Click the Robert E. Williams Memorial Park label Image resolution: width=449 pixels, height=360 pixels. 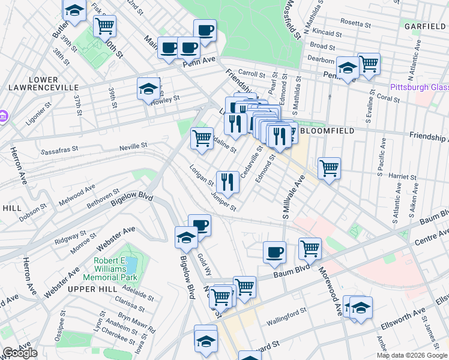(116, 269)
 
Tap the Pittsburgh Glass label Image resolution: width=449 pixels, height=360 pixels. (419, 87)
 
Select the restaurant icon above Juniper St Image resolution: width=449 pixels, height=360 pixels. (228, 180)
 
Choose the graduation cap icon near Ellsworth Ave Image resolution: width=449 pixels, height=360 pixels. (361, 308)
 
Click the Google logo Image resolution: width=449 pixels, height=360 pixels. (20, 353)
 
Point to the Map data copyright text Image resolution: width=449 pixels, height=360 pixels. (412, 355)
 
